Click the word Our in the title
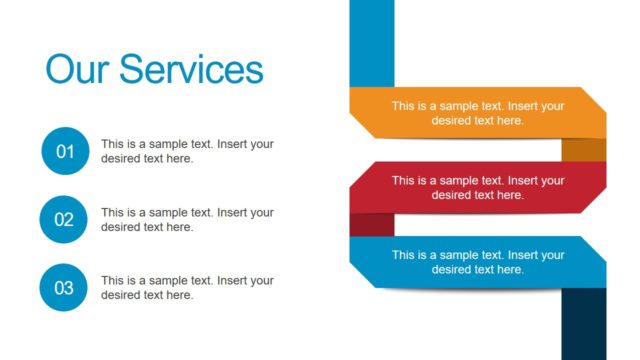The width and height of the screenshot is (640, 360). click(77, 70)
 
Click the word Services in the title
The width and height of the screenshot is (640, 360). click(191, 70)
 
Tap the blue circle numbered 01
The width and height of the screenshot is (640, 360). click(65, 152)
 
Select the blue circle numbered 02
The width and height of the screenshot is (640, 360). click(65, 220)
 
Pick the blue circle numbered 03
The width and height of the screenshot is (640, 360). click(65, 288)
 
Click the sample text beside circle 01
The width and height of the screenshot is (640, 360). click(187, 151)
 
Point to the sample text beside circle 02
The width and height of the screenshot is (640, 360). click(187, 219)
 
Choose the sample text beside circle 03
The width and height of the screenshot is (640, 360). click(187, 287)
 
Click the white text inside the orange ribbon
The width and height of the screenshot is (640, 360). click(478, 113)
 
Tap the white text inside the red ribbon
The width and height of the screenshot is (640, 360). click(478, 188)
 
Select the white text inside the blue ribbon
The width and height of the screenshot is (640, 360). click(478, 262)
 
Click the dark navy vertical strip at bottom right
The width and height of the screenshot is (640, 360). click(583, 325)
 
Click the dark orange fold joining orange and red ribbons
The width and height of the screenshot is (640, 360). click(583, 149)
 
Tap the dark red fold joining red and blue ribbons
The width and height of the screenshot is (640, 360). click(371, 224)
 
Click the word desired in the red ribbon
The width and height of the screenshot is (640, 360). click(450, 195)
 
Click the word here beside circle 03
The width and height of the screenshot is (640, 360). click(180, 295)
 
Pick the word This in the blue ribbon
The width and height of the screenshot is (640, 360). click(403, 255)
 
